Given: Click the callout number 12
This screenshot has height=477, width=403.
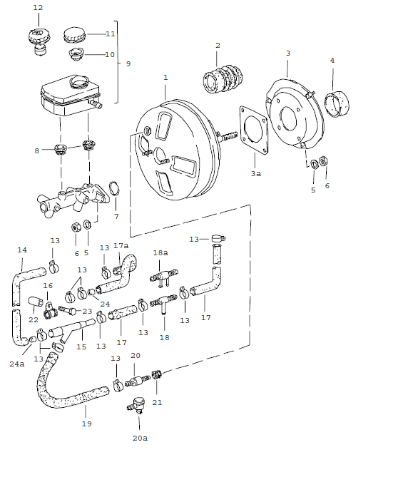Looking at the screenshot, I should coord(38,7).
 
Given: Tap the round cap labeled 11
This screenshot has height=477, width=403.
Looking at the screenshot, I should coord(75,34).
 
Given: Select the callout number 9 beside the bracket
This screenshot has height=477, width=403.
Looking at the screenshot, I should coord(128,64).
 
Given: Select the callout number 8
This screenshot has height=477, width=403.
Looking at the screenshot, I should coord(37,150).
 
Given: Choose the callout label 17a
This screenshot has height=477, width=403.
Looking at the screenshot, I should coord(121,246).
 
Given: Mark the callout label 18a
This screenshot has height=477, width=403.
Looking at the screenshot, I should coord(160,252).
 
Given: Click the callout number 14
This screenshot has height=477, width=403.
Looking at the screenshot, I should coord(21,250).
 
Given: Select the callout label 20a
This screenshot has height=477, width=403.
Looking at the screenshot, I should coord(140,438).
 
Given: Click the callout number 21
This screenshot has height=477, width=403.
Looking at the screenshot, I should coord(157,402).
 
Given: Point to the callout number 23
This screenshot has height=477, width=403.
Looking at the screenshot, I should coord(87,311).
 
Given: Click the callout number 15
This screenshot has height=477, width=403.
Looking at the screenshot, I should coord(81,347).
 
